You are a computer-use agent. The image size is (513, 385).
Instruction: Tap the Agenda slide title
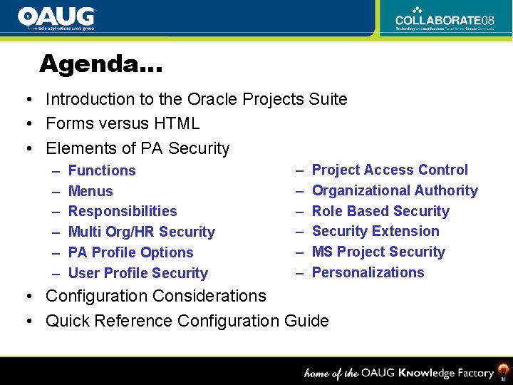(100, 64)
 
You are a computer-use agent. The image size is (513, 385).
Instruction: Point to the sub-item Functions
(102, 170)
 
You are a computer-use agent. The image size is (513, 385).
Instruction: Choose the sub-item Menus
(90, 191)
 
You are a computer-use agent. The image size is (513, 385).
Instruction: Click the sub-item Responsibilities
(123, 211)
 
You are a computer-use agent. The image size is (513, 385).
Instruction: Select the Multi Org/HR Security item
(141, 232)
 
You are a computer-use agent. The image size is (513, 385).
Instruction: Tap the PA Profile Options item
(130, 252)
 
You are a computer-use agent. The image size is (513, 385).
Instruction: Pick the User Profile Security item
(138, 273)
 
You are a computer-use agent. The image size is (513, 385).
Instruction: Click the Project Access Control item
(390, 170)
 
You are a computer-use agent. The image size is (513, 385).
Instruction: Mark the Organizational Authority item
(395, 190)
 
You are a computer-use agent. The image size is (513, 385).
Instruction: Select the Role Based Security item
(380, 211)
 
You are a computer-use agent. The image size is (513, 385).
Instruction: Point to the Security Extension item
(375, 231)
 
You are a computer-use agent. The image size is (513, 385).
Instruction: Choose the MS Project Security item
(378, 252)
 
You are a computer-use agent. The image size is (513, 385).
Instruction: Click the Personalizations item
(368, 272)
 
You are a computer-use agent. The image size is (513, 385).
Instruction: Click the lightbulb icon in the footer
(503, 371)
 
